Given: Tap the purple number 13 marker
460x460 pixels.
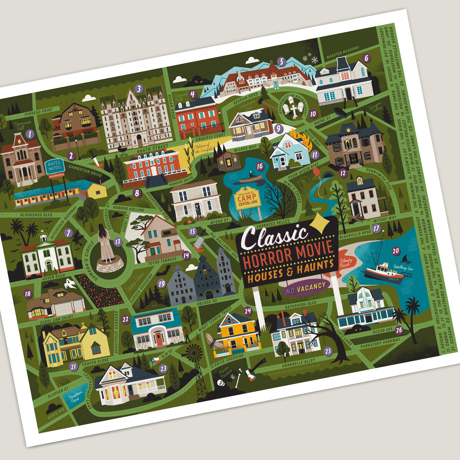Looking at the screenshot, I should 118,242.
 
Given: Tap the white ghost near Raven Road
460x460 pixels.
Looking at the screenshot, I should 69,284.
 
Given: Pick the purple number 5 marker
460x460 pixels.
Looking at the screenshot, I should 282,62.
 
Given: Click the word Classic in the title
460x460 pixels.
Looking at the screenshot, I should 274,237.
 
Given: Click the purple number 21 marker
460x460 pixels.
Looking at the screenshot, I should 74,366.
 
